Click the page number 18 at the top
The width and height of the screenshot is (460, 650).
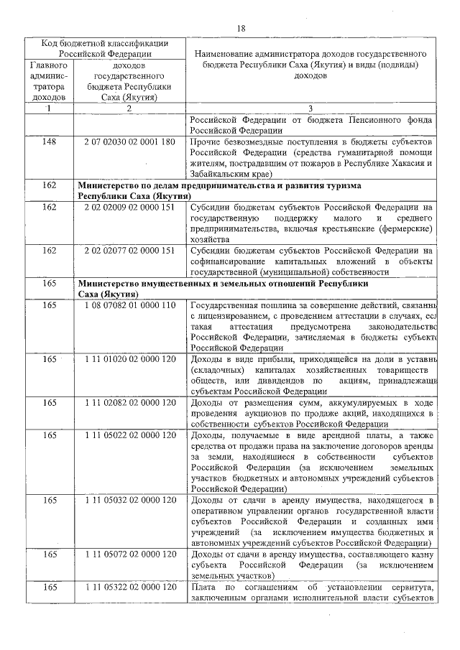[241, 28]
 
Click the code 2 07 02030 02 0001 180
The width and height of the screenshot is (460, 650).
[129, 142]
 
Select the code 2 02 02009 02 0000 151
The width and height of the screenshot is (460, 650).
[129, 208]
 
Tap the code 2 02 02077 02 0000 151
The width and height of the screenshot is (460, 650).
[129, 250]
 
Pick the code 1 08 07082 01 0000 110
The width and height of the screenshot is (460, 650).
[129, 305]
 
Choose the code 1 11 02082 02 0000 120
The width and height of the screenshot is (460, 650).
[129, 403]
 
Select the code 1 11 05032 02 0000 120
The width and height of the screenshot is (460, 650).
[129, 501]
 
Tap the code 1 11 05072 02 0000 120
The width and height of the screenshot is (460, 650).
[129, 555]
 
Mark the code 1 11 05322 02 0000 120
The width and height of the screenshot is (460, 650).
[129, 588]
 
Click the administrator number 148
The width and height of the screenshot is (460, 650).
[49, 142]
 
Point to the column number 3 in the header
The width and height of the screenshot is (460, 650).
[310, 108]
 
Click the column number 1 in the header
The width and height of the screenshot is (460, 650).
[49, 108]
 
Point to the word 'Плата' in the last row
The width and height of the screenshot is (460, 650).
[204, 588]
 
